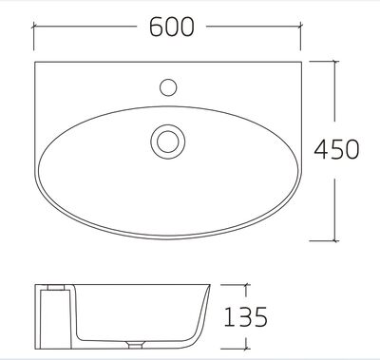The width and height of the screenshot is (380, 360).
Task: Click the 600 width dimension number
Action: [172, 28]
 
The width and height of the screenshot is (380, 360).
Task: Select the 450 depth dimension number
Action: [339, 149]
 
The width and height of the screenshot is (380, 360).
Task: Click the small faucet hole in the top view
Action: [169, 86]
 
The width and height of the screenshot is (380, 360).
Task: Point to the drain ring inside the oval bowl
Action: [167, 142]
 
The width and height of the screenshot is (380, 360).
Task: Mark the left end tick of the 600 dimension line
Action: [34, 28]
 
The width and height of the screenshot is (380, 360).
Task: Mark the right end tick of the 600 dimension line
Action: [309, 28]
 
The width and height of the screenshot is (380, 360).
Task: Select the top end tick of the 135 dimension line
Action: [245, 282]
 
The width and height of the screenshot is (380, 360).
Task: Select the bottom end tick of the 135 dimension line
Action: [245, 347]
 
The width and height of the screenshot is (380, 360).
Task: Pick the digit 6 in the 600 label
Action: [154, 28]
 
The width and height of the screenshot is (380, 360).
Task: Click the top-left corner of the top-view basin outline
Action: [34, 62]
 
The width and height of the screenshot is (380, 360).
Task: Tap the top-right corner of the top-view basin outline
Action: [309, 62]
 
